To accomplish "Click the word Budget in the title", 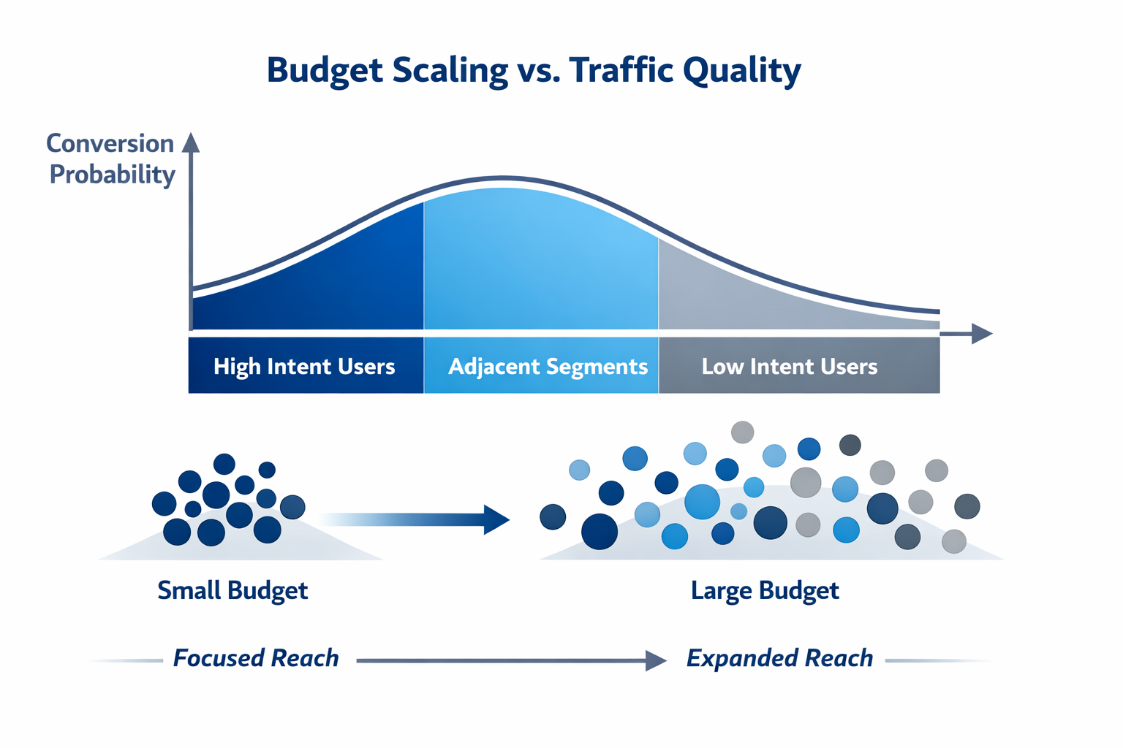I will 324,71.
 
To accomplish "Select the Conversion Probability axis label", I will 111,159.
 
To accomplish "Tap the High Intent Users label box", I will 305,366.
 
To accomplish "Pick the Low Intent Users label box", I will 790,366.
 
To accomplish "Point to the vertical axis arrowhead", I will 191,142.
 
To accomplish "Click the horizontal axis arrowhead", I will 982,334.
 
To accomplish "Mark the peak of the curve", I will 503,178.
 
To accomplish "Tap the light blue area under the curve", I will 541,263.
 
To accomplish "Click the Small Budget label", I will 232,590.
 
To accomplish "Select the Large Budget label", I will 765,590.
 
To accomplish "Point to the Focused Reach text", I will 256,658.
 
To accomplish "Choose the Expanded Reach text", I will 779,658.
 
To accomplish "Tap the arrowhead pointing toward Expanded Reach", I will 657,660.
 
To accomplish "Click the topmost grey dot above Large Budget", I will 742,432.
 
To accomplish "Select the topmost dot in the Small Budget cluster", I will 224,464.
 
